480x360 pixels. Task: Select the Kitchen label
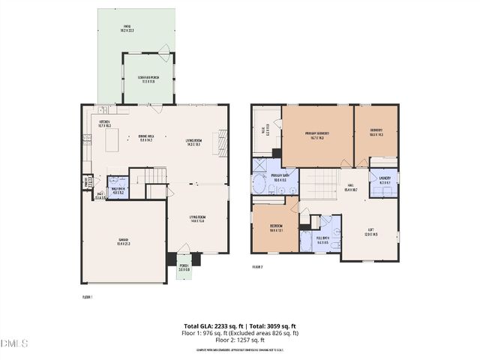pos(105,124)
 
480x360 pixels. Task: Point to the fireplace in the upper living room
pos(220,140)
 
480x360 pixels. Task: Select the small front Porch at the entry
pos(184,268)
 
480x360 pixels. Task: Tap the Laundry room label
pos(385,180)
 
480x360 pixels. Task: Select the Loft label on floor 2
pos(370,232)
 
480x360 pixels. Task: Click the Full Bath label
pos(322,241)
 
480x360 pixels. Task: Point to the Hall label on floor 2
pos(350,189)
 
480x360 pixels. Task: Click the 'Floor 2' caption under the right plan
pos(257,266)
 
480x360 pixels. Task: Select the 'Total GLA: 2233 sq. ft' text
pos(214,326)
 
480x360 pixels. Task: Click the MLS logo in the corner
pos(14,343)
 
